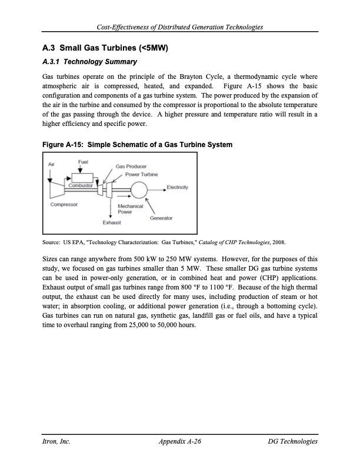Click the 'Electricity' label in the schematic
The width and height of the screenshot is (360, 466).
(x=177, y=188)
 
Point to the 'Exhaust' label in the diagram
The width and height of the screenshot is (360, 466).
(x=112, y=222)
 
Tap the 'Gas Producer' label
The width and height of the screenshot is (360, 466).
(x=131, y=167)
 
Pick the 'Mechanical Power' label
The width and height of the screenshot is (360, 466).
(x=130, y=209)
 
